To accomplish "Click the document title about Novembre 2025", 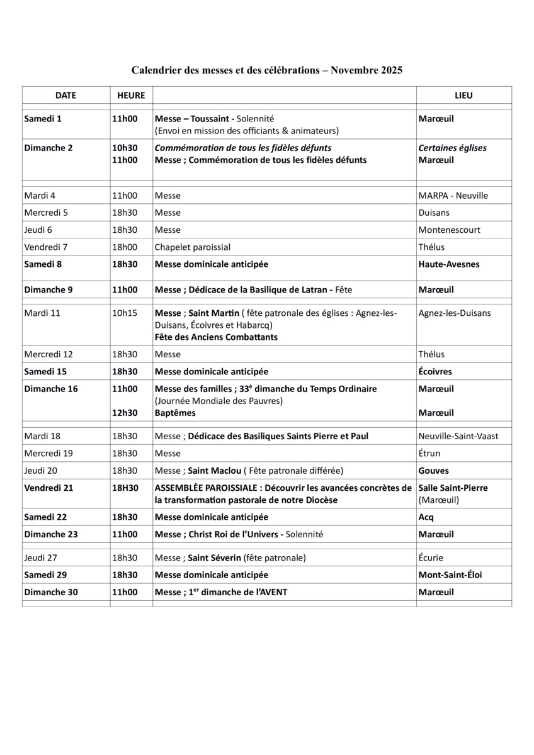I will pyautogui.click(x=267, y=70).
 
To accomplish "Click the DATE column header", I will pyautogui.click(x=65, y=96).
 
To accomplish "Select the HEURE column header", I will pyautogui.click(x=131, y=96).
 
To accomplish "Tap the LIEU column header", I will pyautogui.click(x=463, y=96).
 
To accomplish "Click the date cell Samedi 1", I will pyautogui.click(x=43, y=118).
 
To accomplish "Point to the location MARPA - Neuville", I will pyautogui.click(x=453, y=196).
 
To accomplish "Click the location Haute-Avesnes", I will pyautogui.click(x=448, y=264).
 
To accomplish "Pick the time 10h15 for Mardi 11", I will pyautogui.click(x=125, y=313).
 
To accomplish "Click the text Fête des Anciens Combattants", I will pyautogui.click(x=216, y=337).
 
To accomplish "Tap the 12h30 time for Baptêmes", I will pyautogui.click(x=125, y=413).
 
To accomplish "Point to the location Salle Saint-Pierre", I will pyautogui.click(x=453, y=488).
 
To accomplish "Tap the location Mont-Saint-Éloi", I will pyautogui.click(x=450, y=574).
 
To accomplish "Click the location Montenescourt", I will pyautogui.click(x=449, y=230).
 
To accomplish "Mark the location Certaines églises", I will pyautogui.click(x=452, y=148).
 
